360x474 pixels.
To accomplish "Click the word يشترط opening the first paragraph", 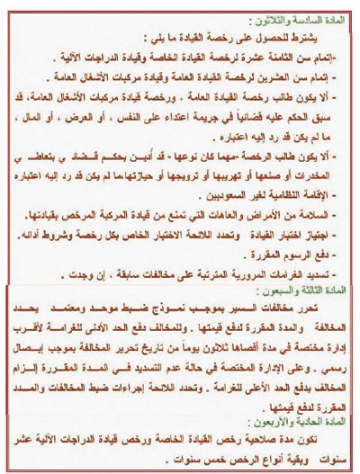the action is [322, 35].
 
